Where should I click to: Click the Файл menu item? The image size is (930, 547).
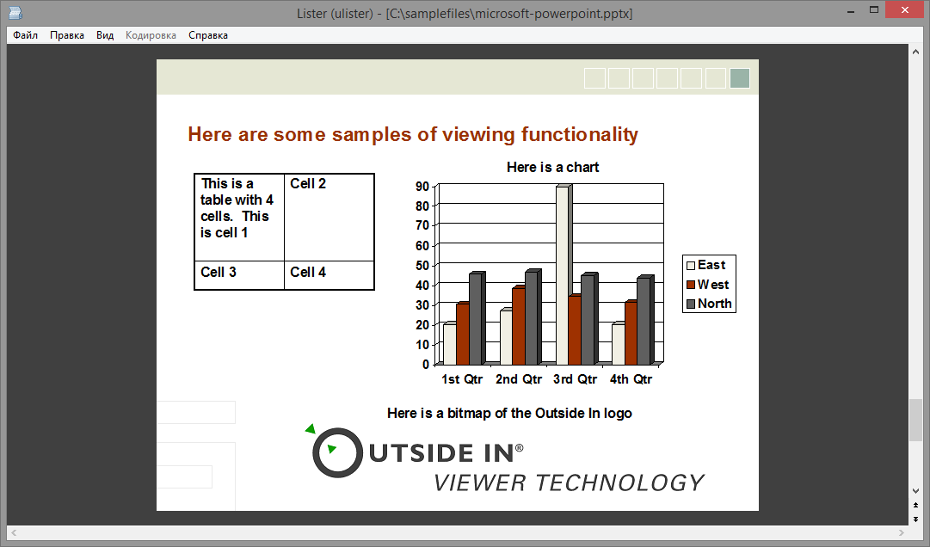point(26,35)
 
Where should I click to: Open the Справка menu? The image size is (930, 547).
point(208,35)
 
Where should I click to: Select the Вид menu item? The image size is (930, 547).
point(105,35)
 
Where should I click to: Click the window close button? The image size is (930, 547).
point(904,10)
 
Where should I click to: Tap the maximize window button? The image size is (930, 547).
point(874,10)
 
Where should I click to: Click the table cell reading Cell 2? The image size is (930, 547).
point(330,218)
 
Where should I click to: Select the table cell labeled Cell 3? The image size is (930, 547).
point(240,275)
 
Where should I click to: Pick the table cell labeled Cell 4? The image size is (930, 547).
point(330,275)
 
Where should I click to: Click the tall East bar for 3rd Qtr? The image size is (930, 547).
point(564,275)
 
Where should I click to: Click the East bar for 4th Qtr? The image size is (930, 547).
point(619,344)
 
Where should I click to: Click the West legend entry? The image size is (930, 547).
point(707,285)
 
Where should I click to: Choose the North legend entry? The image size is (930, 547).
point(709,304)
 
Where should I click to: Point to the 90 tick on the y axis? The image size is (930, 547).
point(422,186)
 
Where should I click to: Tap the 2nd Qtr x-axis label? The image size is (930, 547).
point(519,379)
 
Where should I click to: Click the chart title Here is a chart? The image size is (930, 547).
point(553,167)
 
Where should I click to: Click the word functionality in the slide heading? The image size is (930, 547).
point(580,134)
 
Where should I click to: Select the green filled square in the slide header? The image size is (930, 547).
point(740,78)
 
